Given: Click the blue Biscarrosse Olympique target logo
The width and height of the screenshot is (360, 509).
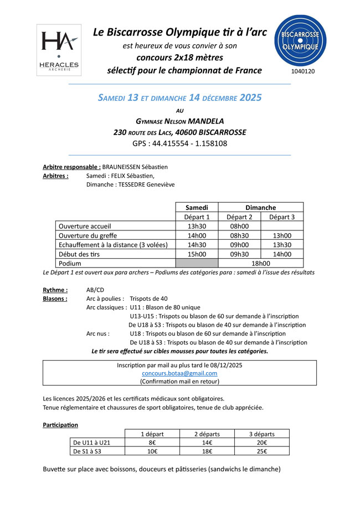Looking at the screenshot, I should [300, 40].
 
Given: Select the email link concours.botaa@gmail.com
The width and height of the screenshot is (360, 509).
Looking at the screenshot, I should [179, 373].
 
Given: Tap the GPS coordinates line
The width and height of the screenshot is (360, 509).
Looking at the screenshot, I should [179, 143].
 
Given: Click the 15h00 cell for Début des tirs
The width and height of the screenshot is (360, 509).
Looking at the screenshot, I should [197, 254].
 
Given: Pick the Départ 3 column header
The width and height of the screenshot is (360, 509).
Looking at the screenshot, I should [282, 217].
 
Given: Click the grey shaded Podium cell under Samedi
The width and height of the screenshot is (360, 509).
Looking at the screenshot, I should [197, 264].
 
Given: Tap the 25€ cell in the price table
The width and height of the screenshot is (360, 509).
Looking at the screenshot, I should [262, 451].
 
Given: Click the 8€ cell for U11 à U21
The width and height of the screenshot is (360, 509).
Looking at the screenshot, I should [152, 443].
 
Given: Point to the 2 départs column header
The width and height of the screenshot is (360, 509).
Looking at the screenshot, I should [207, 434].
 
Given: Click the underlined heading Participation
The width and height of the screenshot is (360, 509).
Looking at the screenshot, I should [60, 425].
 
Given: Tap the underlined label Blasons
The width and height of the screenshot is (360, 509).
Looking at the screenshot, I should [55, 299].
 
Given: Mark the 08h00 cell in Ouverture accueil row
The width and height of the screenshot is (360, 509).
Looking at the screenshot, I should [239, 226].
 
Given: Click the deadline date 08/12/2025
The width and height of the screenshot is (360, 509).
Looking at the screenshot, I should [223, 365].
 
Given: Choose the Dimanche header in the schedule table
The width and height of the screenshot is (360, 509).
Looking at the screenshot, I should [260, 207].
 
